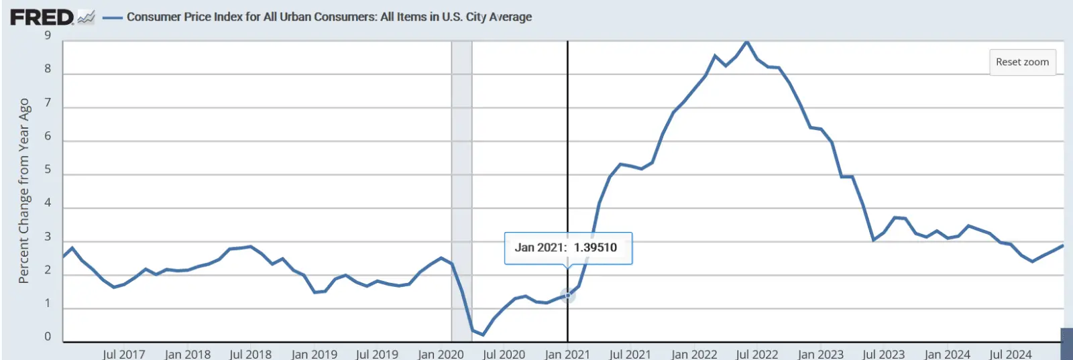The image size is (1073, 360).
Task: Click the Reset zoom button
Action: point(1022,62)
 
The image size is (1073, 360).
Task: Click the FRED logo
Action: point(42,17)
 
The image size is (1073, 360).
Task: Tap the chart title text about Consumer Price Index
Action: point(329,17)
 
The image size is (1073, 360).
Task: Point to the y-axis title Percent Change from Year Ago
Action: point(24,191)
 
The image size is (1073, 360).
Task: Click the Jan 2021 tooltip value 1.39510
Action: point(595,247)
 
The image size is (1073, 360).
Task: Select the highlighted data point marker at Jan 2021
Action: point(567,295)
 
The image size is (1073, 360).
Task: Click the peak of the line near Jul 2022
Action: point(746,42)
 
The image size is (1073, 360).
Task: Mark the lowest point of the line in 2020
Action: point(483,335)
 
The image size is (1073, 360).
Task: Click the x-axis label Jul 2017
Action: point(123,354)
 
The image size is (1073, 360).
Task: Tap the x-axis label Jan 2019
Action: point(314,354)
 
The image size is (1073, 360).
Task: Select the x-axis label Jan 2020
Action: point(441,354)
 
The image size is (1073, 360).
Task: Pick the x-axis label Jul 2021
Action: point(630,354)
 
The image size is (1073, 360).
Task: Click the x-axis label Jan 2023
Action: point(820,354)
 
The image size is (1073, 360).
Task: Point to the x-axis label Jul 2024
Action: point(1011,354)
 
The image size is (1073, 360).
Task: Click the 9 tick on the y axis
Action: point(48,36)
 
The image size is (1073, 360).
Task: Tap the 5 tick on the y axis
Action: point(48,170)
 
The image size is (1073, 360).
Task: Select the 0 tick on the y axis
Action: point(48,337)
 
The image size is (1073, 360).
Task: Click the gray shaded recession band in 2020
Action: point(461,168)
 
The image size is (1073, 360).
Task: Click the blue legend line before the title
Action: point(111,17)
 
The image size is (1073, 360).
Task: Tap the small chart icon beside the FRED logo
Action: point(86,17)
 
